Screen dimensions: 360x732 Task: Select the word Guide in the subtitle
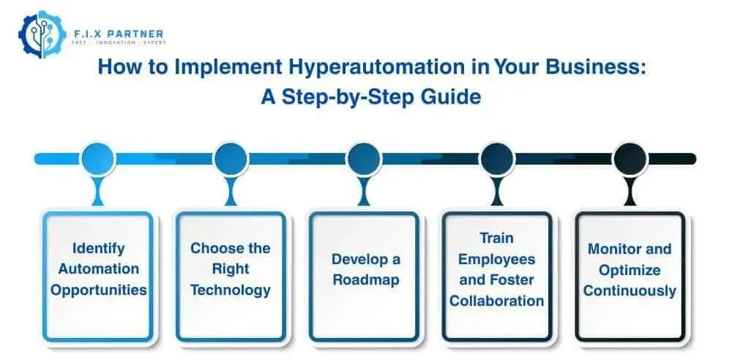click(449, 97)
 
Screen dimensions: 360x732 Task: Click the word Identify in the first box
click(97, 249)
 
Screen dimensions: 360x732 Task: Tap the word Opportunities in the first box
click(98, 290)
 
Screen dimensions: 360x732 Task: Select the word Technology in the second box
click(231, 290)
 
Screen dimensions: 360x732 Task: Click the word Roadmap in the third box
click(364, 280)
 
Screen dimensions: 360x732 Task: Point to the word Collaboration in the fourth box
click(497, 300)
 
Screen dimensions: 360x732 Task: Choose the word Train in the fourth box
click(497, 239)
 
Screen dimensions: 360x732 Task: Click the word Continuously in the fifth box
click(630, 290)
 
